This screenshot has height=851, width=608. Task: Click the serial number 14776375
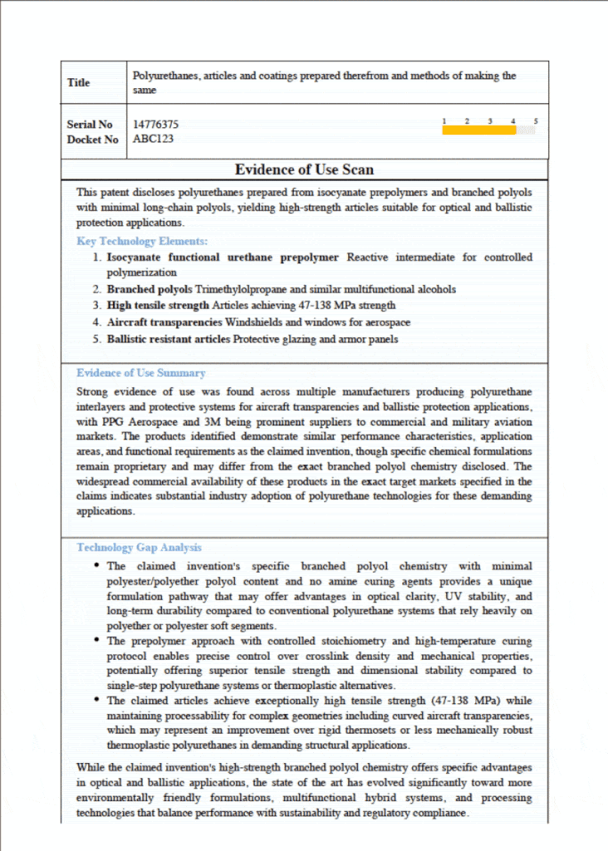click(x=155, y=125)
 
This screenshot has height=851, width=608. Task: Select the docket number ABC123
click(x=153, y=139)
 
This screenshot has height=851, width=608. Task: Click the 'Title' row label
click(x=79, y=82)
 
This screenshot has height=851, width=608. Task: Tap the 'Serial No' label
click(x=90, y=125)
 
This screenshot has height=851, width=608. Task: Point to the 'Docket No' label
click(x=92, y=140)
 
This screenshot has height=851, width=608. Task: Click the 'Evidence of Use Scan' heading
click(x=304, y=170)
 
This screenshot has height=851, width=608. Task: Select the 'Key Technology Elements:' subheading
click(x=142, y=241)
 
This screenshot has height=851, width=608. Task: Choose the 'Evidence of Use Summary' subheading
click(x=140, y=373)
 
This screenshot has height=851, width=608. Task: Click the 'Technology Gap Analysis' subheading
click(x=139, y=548)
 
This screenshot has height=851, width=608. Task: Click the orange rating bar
click(x=479, y=130)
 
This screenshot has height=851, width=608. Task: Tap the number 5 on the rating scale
click(x=536, y=121)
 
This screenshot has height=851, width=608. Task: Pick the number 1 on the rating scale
click(x=444, y=121)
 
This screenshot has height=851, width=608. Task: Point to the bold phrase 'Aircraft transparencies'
click(x=164, y=322)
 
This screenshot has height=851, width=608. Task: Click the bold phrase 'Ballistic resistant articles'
click(x=169, y=339)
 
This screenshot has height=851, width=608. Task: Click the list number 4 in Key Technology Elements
click(x=97, y=322)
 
